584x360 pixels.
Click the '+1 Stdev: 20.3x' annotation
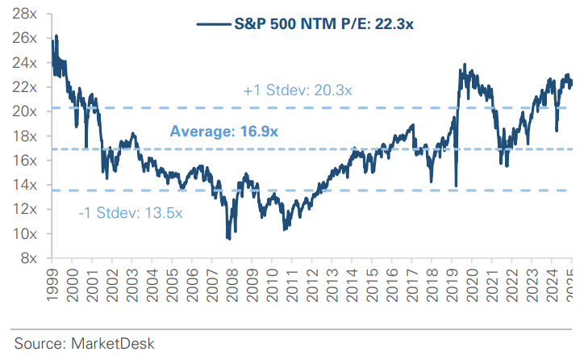coord(297,90)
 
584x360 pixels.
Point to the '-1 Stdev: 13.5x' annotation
coord(131,213)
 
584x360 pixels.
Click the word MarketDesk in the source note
coord(109,343)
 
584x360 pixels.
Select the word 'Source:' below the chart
coord(38,343)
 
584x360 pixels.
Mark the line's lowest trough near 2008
coord(229,239)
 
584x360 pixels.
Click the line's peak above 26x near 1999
coord(56,36)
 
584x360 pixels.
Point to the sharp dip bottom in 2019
coord(456,186)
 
